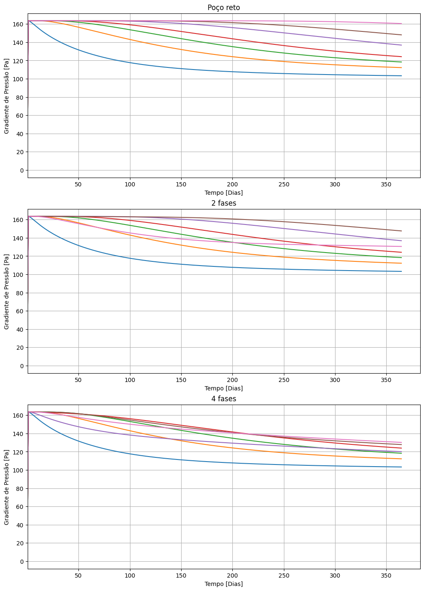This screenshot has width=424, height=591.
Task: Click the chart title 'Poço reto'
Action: click(x=224, y=8)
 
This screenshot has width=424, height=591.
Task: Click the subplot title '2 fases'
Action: click(x=224, y=203)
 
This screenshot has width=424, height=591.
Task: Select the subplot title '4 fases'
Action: click(x=224, y=399)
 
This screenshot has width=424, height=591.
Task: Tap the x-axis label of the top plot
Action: click(x=224, y=193)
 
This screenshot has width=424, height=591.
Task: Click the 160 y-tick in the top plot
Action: click(x=18, y=24)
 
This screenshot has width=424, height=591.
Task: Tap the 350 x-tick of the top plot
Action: click(x=386, y=184)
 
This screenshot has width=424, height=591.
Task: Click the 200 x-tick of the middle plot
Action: click(x=232, y=380)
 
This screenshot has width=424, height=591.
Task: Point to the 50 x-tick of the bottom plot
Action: click(x=78, y=576)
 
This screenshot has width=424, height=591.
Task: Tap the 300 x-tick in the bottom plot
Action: click(x=335, y=576)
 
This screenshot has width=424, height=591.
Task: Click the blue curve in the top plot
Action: click(x=130, y=63)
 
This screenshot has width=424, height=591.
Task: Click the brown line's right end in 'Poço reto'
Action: click(x=401, y=35)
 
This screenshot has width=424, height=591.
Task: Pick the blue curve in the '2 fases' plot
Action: click(x=130, y=258)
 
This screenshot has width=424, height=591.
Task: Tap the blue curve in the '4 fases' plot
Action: click(x=130, y=454)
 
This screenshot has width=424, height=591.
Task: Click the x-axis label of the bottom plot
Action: click(x=224, y=584)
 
